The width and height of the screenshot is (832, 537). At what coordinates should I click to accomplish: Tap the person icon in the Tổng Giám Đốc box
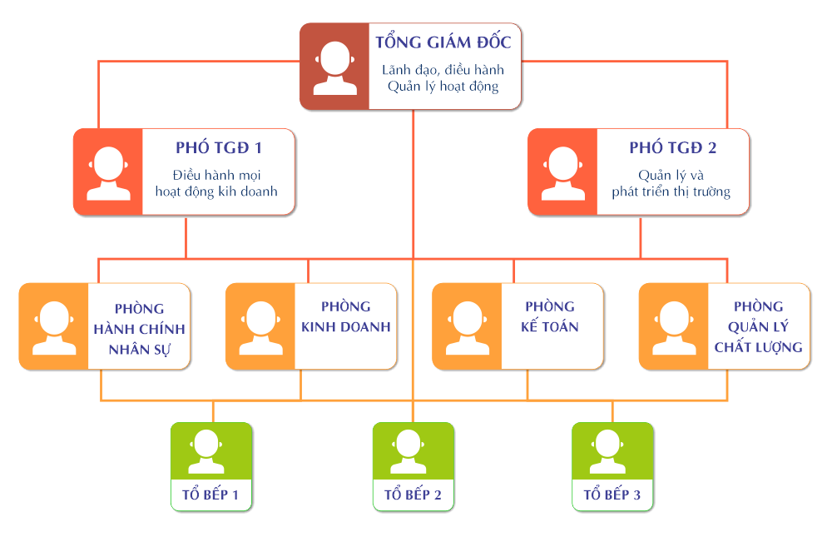pos(334,67)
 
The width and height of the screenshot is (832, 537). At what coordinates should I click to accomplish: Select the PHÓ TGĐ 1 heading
pos(219,148)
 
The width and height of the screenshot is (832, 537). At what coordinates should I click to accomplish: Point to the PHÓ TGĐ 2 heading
pos(672,148)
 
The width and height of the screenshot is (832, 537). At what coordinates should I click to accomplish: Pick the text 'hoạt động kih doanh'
pos(216,191)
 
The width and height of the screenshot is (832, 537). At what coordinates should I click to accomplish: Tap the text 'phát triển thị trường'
pos(671,191)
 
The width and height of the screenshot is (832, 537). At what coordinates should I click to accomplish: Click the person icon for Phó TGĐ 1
pos(108,172)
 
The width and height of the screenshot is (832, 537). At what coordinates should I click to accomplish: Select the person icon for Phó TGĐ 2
pos(563,172)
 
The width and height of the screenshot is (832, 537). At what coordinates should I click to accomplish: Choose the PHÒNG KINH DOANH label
pos(345,317)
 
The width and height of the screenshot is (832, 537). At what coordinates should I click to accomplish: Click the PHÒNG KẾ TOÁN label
pos(549,317)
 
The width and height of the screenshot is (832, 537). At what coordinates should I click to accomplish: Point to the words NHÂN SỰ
pos(139,347)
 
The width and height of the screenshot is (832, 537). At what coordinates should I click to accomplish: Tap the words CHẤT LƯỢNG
pos(759,347)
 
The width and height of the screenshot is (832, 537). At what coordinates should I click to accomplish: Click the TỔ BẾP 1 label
pos(210,495)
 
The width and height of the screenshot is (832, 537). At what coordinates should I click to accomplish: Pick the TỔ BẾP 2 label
pos(413,495)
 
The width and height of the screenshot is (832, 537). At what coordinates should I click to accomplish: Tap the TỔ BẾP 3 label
pos(612,495)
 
